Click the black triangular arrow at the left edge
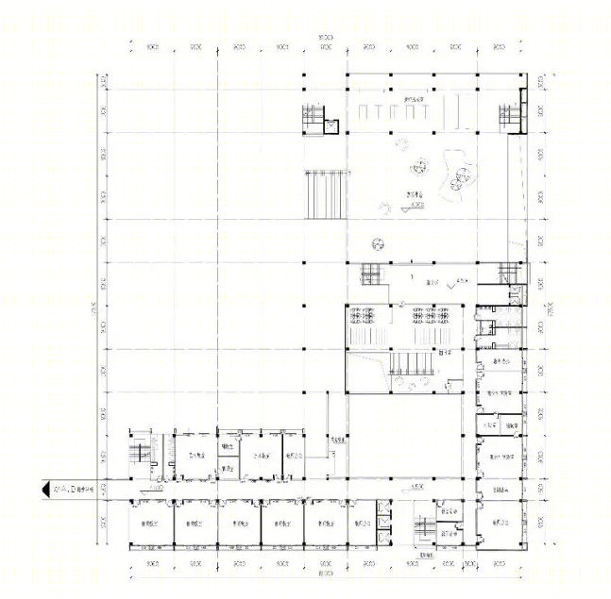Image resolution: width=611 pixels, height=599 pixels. point(43,490)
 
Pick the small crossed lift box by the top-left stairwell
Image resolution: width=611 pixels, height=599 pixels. point(331,125)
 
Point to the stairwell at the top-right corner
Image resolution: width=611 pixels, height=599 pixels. point(511,115)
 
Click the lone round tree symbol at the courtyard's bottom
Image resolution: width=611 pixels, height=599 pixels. point(380,242)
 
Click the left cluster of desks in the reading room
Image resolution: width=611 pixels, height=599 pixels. point(364,317)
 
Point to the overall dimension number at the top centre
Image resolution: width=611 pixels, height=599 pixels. point(325,37)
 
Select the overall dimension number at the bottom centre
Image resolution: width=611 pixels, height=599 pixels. point(325,574)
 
